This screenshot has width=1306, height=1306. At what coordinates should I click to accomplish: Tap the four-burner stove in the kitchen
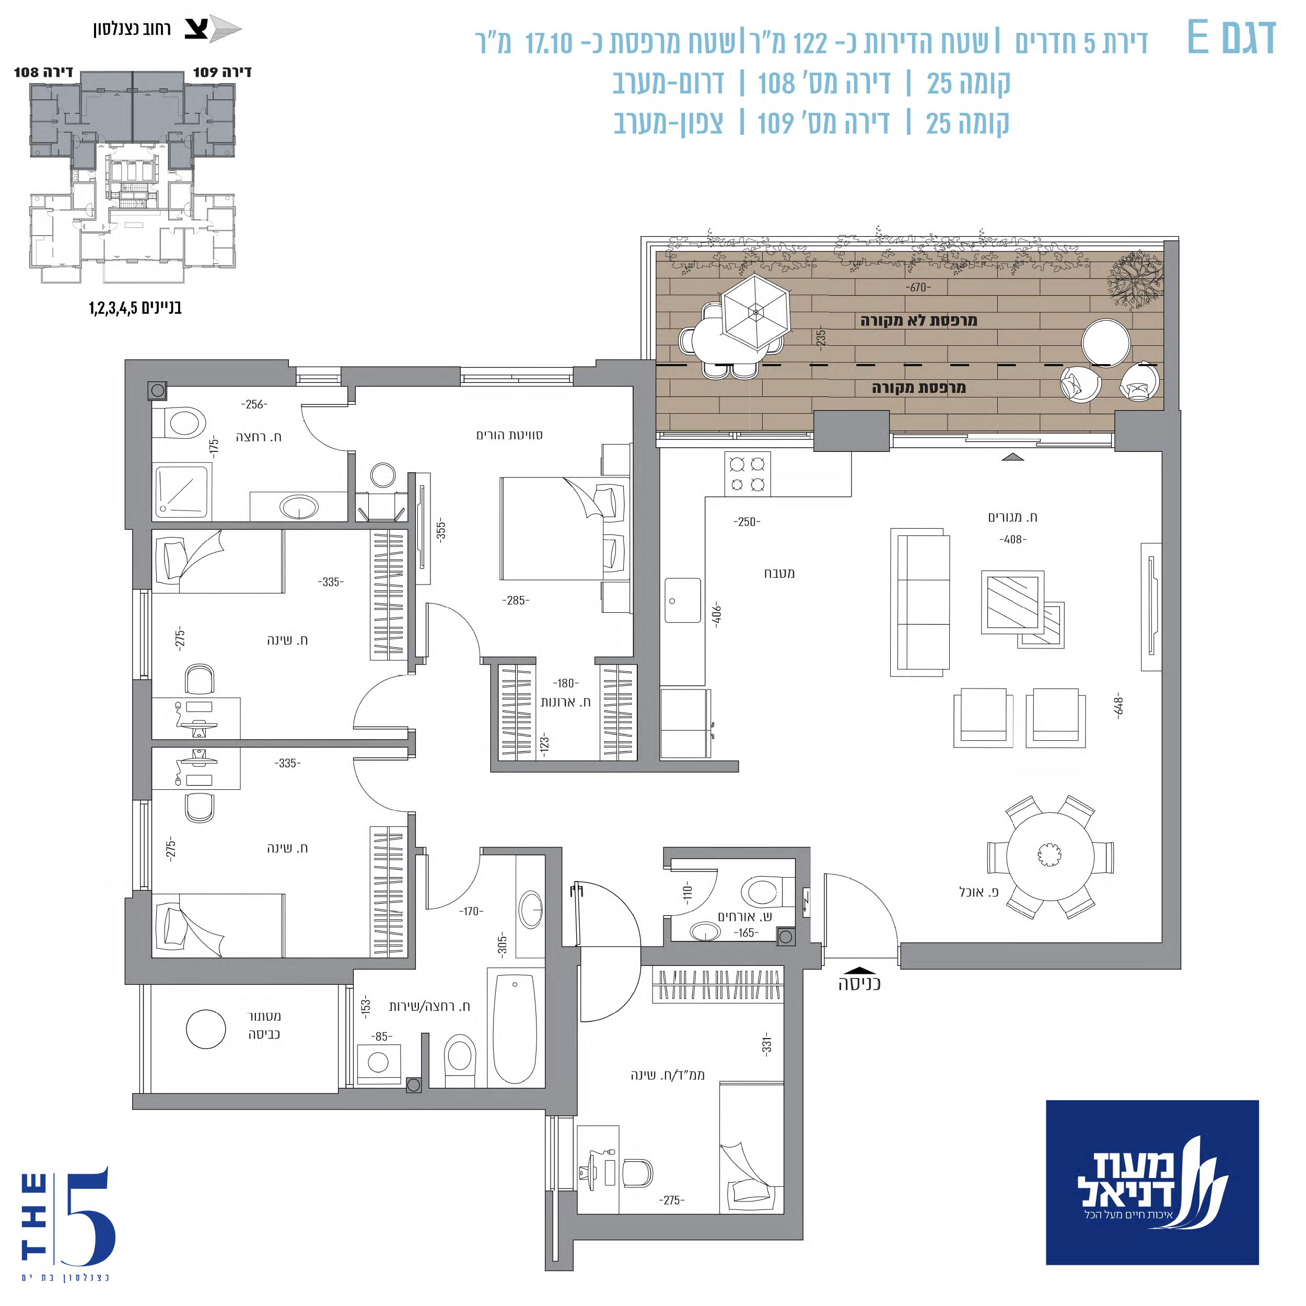(748, 474)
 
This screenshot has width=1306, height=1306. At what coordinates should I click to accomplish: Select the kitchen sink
(683, 600)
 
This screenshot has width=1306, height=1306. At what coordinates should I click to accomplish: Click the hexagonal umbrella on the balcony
(756, 312)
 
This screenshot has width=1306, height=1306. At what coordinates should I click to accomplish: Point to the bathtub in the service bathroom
(515, 1028)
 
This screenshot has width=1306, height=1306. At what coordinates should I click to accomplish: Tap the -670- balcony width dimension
(918, 287)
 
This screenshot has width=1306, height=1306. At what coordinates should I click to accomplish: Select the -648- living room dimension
(1119, 706)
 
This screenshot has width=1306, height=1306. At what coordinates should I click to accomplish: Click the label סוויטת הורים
(510, 435)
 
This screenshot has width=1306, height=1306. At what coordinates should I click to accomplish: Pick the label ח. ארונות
(565, 702)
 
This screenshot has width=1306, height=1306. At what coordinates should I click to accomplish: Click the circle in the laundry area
(205, 1029)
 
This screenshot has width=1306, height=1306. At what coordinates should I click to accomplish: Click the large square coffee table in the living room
(1012, 602)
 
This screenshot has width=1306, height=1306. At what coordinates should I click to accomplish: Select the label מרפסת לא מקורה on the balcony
(919, 320)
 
